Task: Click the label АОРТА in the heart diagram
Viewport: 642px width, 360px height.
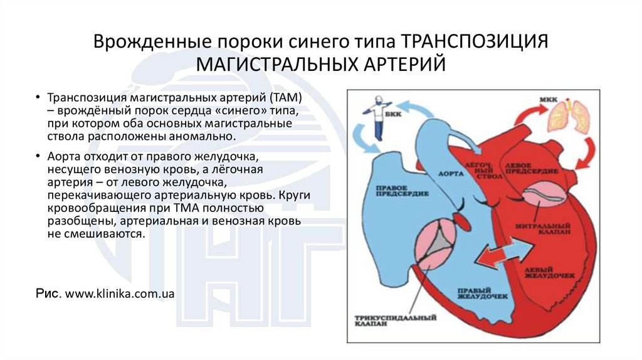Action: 446,172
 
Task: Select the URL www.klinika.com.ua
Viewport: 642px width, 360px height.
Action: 119,293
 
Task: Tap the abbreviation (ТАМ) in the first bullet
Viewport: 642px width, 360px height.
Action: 287,98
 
